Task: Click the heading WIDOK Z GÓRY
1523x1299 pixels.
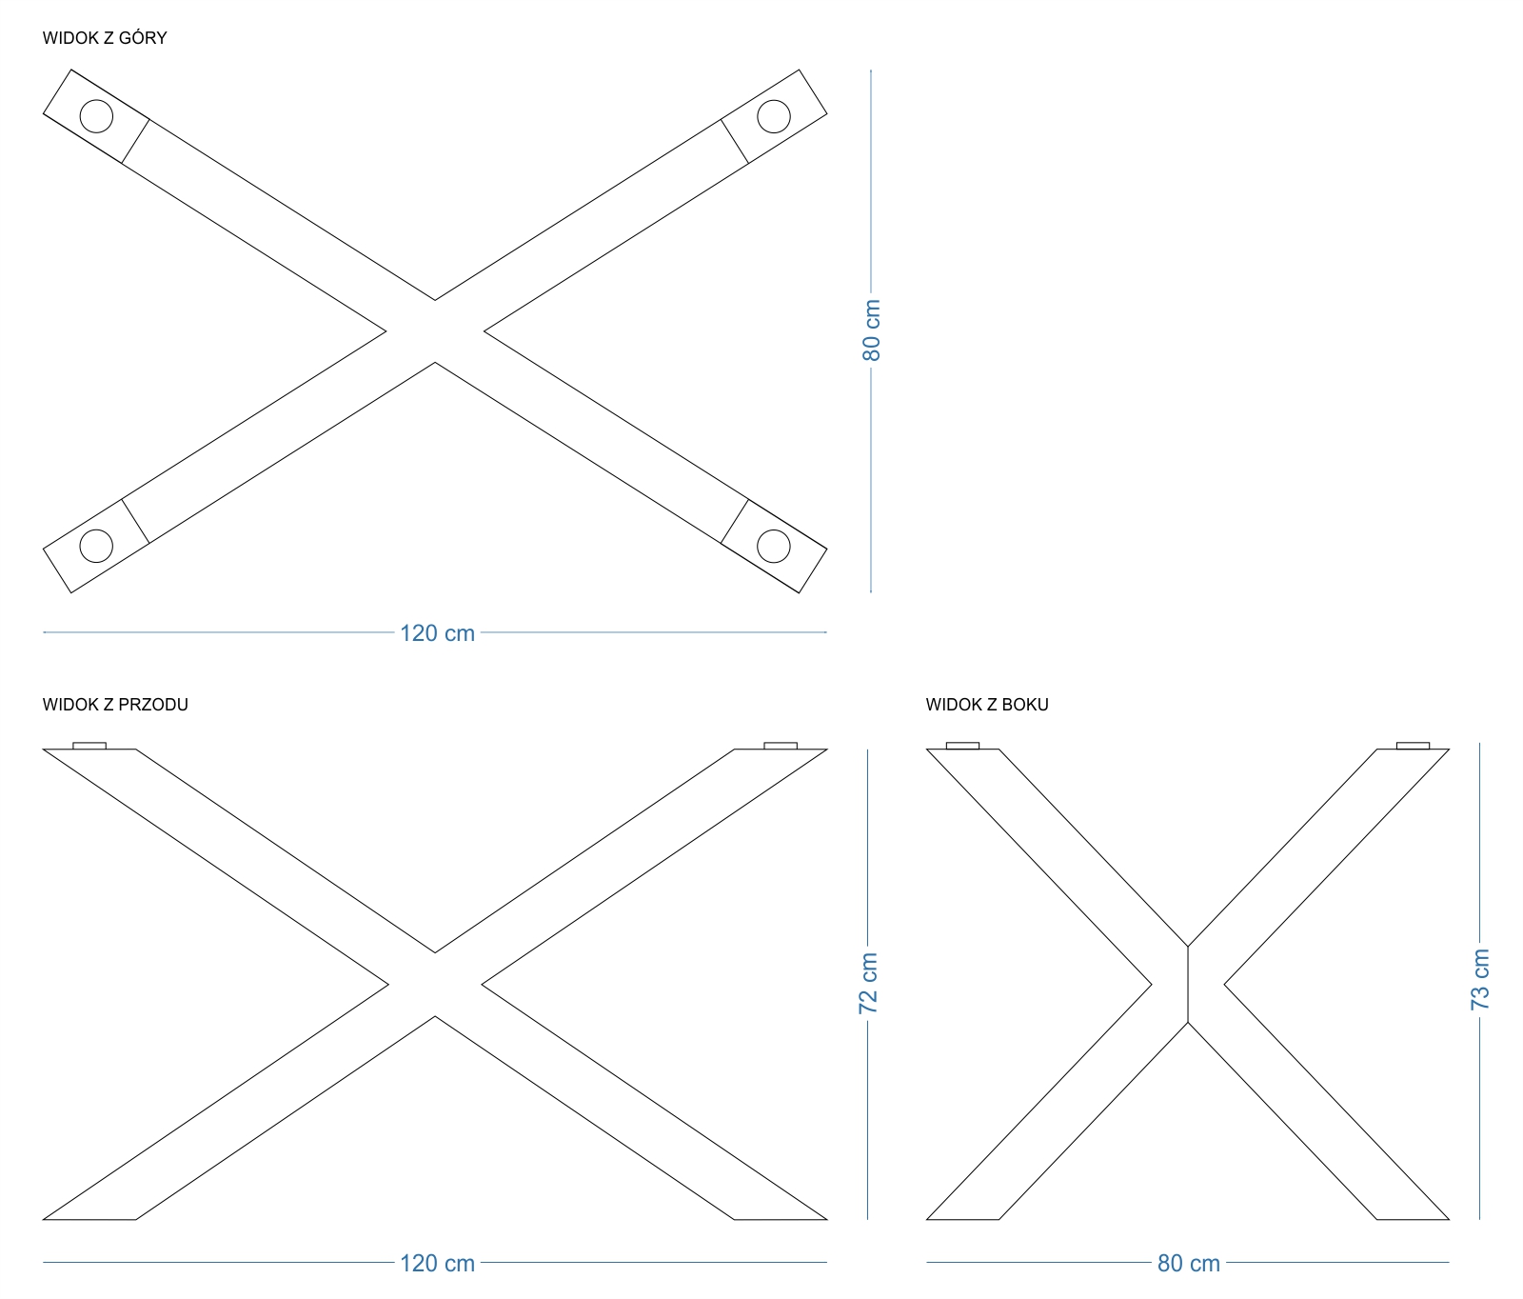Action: (x=105, y=38)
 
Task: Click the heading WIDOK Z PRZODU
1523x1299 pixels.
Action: (x=115, y=705)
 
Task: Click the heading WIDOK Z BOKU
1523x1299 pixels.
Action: (x=987, y=705)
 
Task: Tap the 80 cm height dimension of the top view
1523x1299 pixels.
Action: (x=872, y=330)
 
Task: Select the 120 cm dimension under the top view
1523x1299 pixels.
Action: (x=437, y=633)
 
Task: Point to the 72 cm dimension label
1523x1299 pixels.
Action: (x=868, y=983)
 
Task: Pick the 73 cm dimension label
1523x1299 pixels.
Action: (x=1480, y=980)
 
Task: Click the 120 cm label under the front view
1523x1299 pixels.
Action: (x=437, y=1264)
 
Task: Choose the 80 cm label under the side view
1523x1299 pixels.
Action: (x=1188, y=1264)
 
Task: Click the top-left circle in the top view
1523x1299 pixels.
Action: (x=96, y=116)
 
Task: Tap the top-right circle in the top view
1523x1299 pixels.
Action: (x=773, y=116)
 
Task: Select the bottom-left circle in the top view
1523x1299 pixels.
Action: (x=96, y=546)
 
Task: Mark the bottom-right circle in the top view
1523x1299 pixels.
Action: (x=773, y=546)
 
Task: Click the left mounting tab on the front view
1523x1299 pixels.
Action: (x=89, y=746)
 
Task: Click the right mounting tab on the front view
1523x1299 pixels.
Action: (x=781, y=746)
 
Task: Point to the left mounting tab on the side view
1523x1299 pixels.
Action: (x=962, y=746)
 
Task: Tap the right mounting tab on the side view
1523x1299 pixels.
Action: (x=1413, y=746)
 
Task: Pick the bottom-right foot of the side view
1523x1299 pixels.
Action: (x=1411, y=1211)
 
